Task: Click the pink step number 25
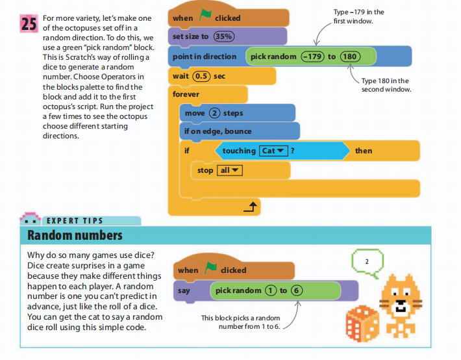point(29,23)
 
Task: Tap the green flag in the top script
point(205,15)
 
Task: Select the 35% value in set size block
point(224,36)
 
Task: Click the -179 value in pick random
point(312,57)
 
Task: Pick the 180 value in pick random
point(350,57)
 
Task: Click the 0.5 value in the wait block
point(201,76)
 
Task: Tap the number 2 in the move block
point(214,113)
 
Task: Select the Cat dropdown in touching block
point(273,151)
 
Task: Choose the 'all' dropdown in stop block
point(230,170)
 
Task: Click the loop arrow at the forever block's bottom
point(250,207)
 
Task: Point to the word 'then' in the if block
point(364,151)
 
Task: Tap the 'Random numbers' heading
point(75,235)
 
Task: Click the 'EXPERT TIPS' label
point(75,221)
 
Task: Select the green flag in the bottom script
point(210,267)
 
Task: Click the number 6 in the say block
point(296,290)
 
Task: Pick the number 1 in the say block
point(271,290)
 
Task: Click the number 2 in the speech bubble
point(367,262)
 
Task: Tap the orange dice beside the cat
point(362,323)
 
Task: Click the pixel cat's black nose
point(401,302)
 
